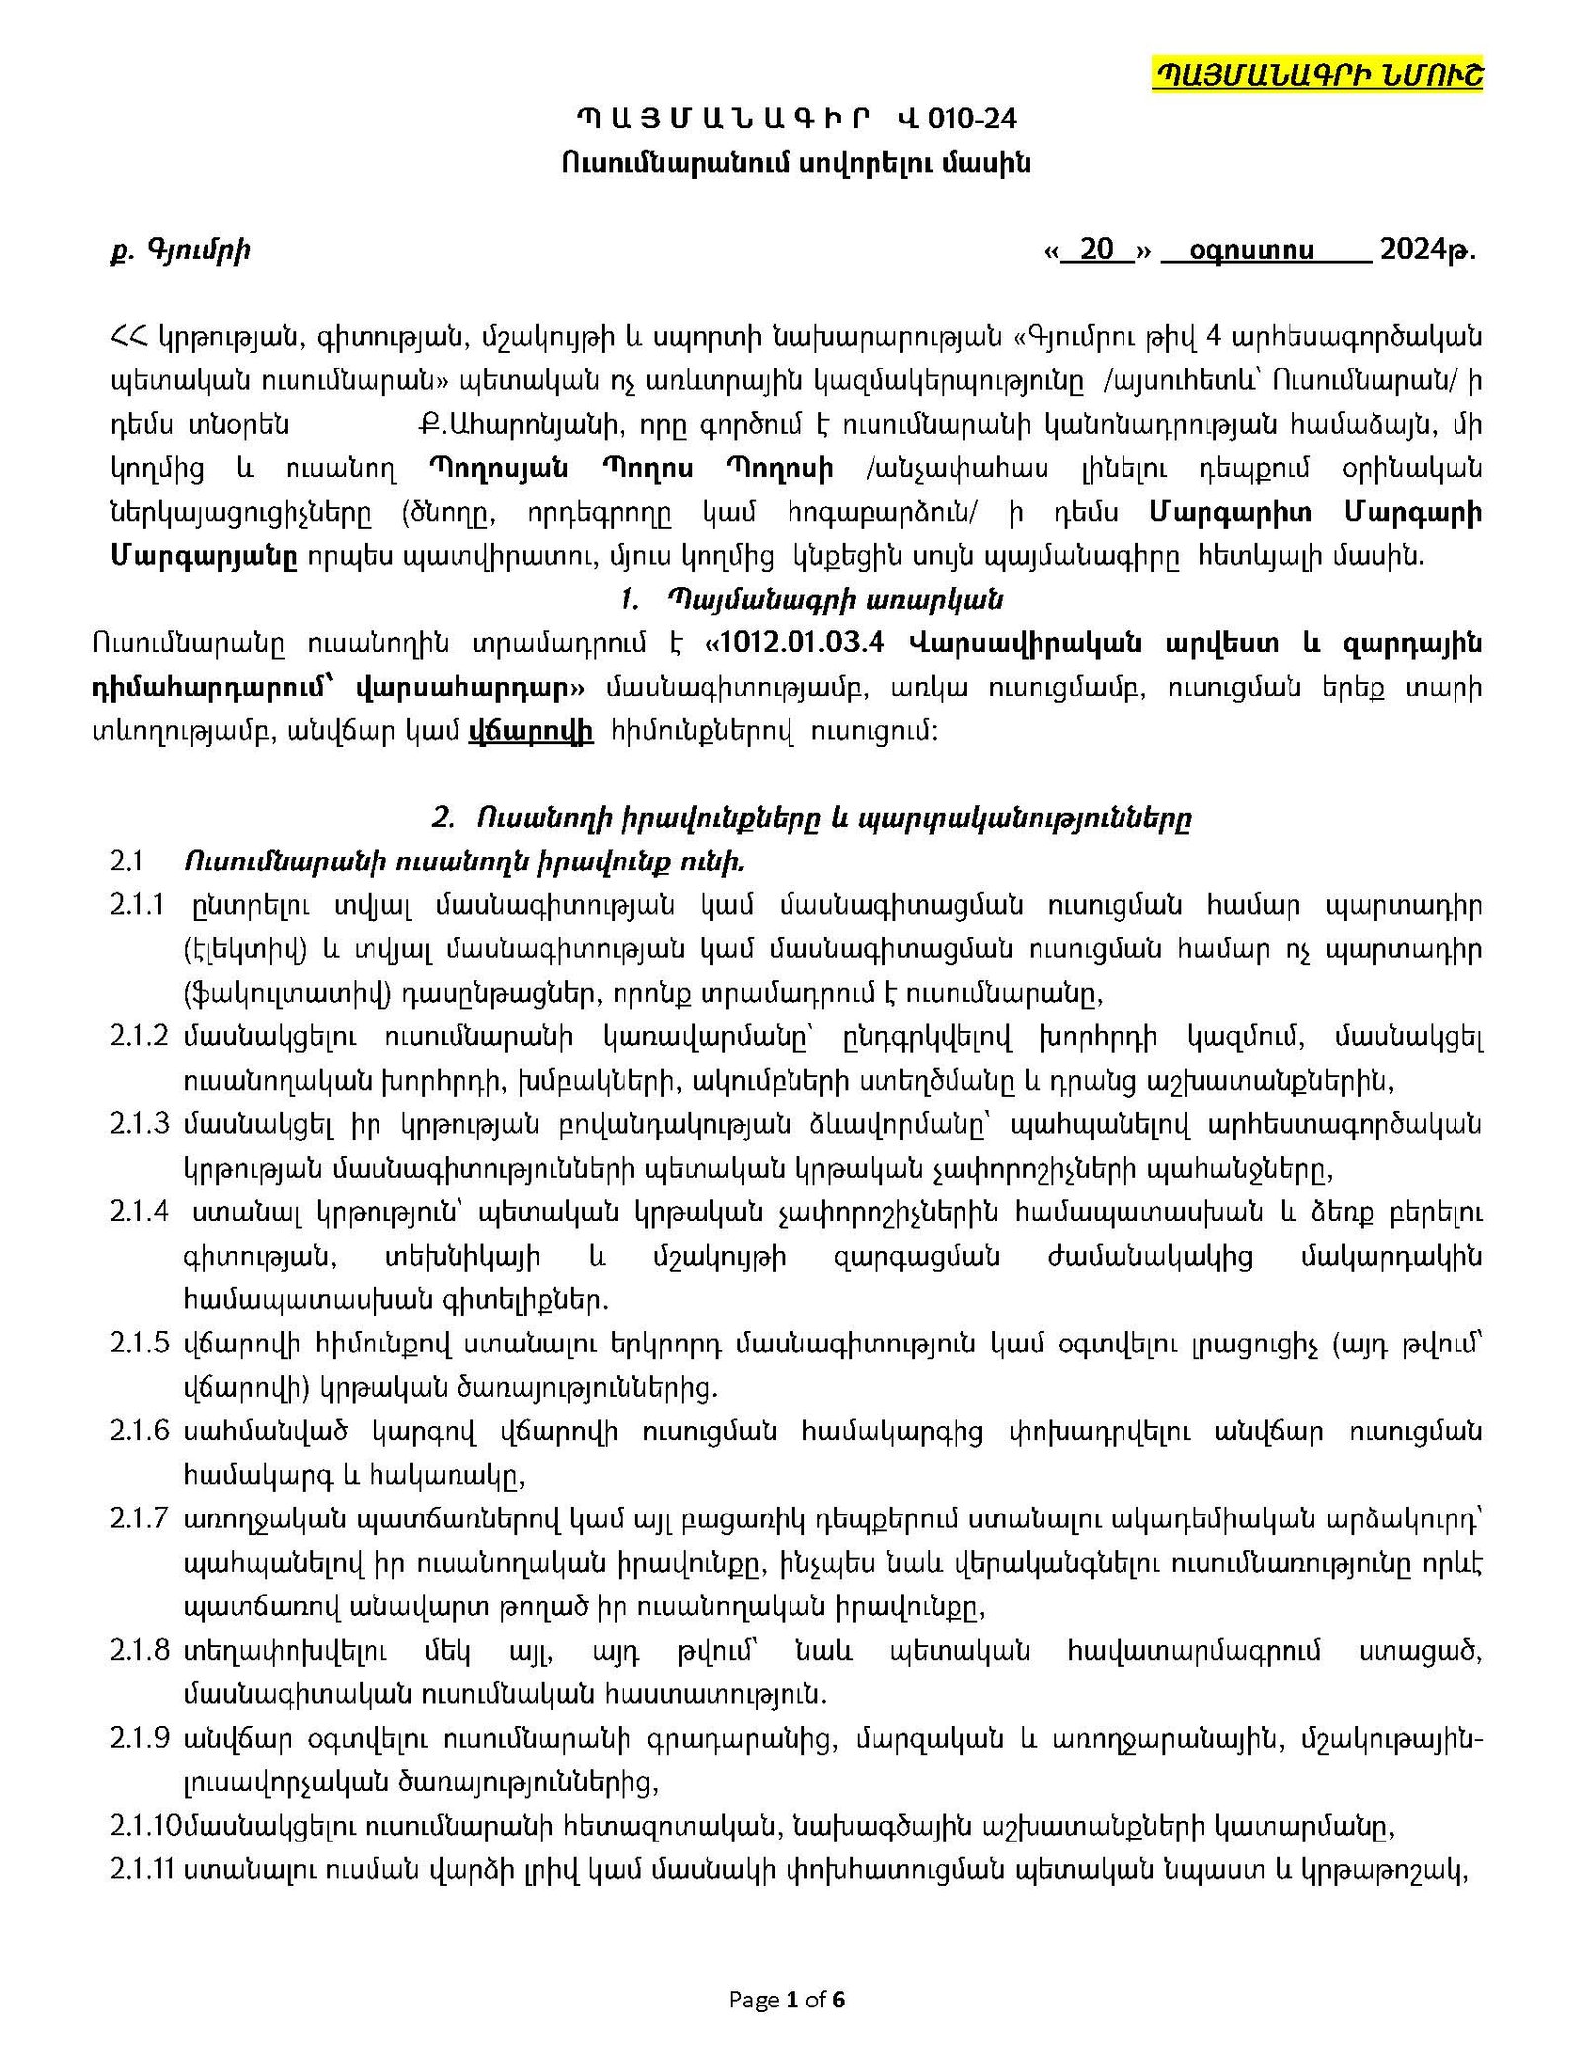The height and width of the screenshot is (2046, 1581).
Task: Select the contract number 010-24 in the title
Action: tap(974, 120)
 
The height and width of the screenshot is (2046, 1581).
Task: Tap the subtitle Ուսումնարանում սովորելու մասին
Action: tap(795, 163)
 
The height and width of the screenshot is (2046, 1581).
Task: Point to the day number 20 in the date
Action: tap(1096, 249)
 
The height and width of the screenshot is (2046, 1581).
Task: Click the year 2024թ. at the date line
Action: tap(1427, 249)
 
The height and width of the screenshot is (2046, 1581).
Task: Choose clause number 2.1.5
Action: tap(138, 1344)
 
